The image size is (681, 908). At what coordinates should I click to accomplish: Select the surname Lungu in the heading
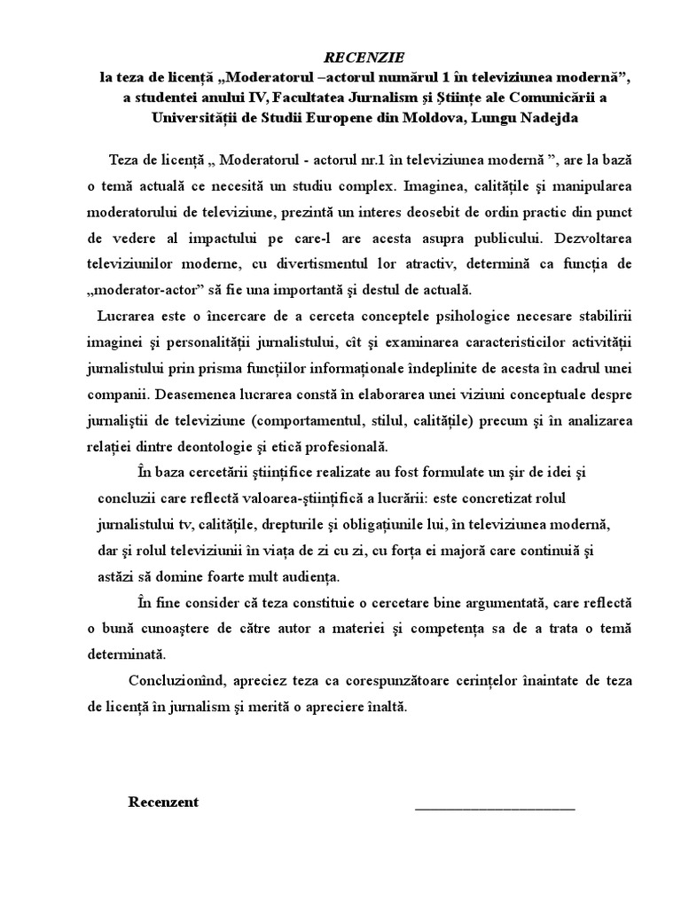pyautogui.click(x=482, y=118)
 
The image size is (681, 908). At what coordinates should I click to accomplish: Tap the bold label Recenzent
pyautogui.click(x=163, y=802)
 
